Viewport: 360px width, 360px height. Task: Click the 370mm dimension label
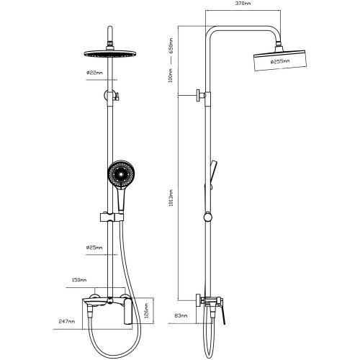(x=243, y=4)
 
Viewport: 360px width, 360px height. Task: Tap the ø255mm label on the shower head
(x=280, y=61)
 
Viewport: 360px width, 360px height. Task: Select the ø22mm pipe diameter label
(x=94, y=73)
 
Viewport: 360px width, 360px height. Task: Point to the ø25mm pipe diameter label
(x=94, y=248)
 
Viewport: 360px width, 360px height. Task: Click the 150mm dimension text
(x=79, y=280)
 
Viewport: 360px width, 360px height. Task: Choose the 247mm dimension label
(x=67, y=321)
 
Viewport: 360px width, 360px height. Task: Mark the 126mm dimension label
(x=147, y=310)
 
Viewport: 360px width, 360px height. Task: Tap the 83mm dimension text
(x=181, y=315)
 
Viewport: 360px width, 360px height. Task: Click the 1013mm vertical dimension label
(x=171, y=198)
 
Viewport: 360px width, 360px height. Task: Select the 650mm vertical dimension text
(x=171, y=46)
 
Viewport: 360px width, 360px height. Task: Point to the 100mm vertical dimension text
(x=171, y=76)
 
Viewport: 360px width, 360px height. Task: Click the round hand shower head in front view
(x=121, y=174)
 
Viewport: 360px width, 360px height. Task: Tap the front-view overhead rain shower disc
(x=110, y=53)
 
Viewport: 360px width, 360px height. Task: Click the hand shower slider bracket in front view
(x=112, y=217)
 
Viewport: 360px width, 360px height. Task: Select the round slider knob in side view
(x=208, y=217)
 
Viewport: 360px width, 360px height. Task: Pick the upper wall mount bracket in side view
(x=201, y=95)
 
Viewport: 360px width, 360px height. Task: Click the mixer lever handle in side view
(x=222, y=312)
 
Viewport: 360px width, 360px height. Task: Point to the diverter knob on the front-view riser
(x=112, y=96)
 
